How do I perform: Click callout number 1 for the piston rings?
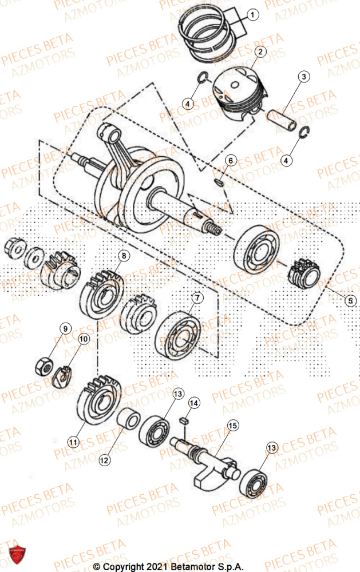(254, 14)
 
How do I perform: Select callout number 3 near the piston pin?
(304, 77)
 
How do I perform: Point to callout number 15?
(232, 426)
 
